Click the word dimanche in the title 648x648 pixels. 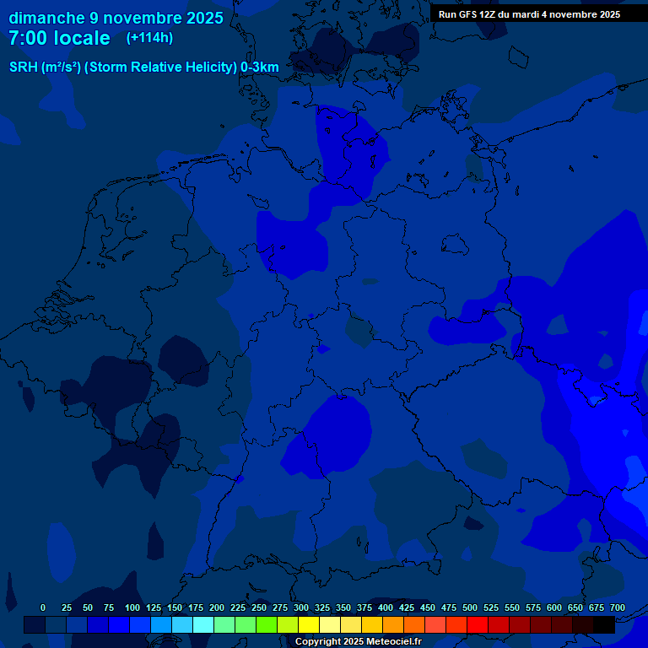coord(46,18)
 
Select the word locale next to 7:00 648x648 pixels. coord(83,38)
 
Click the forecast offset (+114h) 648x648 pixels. coord(149,38)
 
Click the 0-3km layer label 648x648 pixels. coord(260,67)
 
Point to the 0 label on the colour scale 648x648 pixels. coord(43,608)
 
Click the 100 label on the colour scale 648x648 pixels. coord(132,608)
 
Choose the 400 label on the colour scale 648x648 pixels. coord(386,608)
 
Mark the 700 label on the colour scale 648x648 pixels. coord(617,608)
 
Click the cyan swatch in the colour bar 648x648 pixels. coord(202,625)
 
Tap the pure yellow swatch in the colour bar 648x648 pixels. coord(308,625)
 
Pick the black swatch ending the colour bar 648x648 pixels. coord(603,625)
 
